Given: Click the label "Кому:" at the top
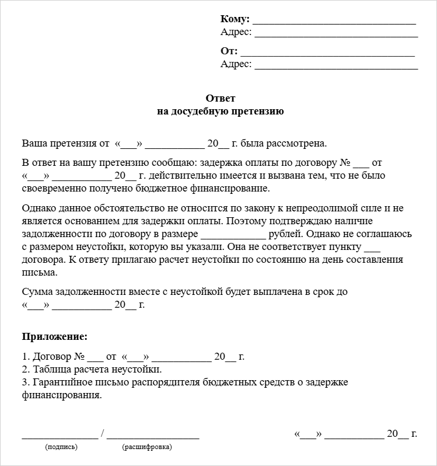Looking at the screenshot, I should [235, 19].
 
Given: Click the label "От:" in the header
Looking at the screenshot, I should [229, 51].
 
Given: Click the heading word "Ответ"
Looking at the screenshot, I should [221, 98].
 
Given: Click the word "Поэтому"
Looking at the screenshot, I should [243, 221].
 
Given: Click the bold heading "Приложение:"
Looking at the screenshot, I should [55, 337].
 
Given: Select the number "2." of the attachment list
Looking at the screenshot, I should [26, 369].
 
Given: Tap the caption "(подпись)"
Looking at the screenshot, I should [61, 447].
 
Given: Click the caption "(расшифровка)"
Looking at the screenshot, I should [147, 447].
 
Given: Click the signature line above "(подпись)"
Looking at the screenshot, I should [60, 436].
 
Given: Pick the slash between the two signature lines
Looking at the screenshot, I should [103, 433].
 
